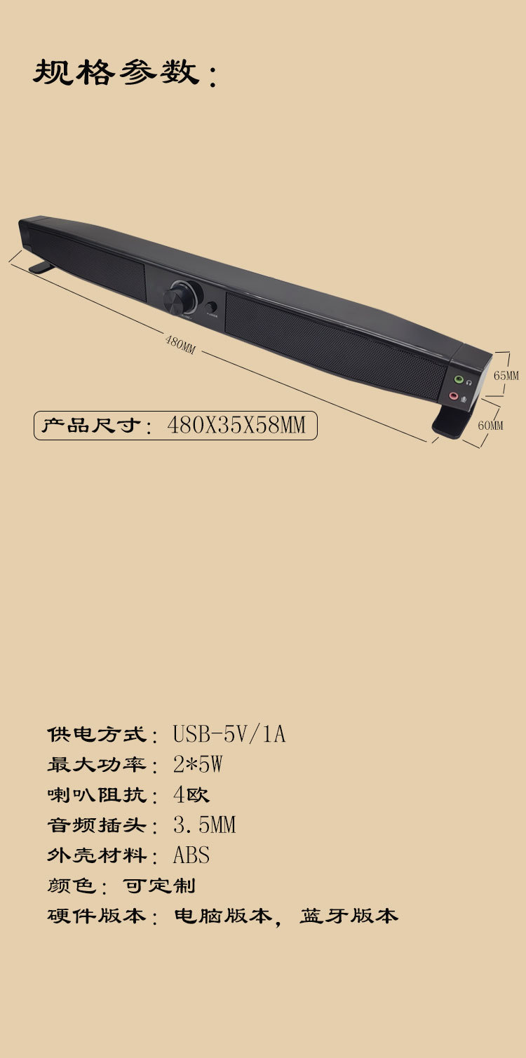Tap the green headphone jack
coord(459,379)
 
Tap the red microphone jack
coord(453,396)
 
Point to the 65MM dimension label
coord(506,376)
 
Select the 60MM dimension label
coord(490,425)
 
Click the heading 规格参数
coord(116,73)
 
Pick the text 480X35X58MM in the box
coord(236,425)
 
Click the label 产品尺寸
coord(92,426)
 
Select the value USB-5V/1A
coord(229,734)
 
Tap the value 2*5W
coord(197,764)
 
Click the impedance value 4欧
coord(191,795)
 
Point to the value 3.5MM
coord(204,825)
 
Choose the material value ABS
coord(191,855)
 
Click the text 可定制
coord(159,886)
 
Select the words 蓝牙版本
coord(349,916)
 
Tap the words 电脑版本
coord(222,916)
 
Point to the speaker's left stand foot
coord(43,267)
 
